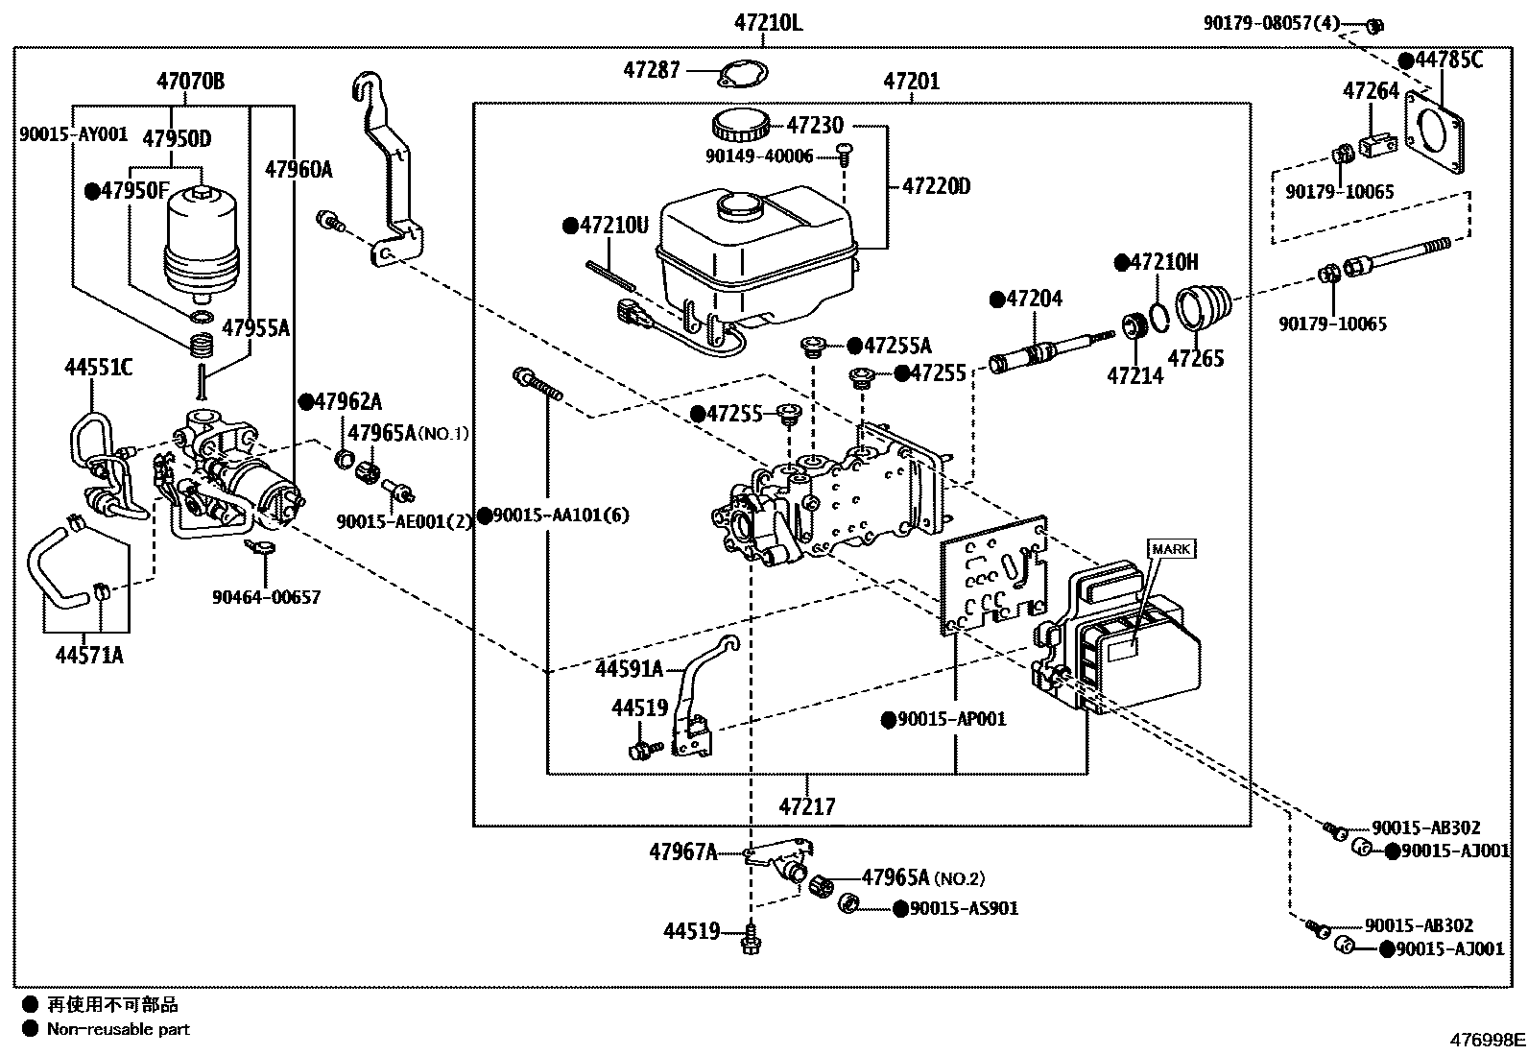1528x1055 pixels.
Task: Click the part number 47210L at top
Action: [764, 21]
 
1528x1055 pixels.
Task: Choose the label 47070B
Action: [191, 81]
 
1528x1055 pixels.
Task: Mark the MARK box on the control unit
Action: [1171, 549]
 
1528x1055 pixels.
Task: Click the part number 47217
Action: [807, 806]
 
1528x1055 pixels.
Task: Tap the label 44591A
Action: [629, 668]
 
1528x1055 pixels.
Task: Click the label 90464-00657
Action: [266, 597]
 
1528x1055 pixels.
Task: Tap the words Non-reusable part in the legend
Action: [119, 1029]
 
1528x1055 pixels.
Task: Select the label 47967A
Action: [682, 851]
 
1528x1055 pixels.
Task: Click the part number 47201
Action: [912, 82]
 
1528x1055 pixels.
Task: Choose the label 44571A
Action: [89, 656]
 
